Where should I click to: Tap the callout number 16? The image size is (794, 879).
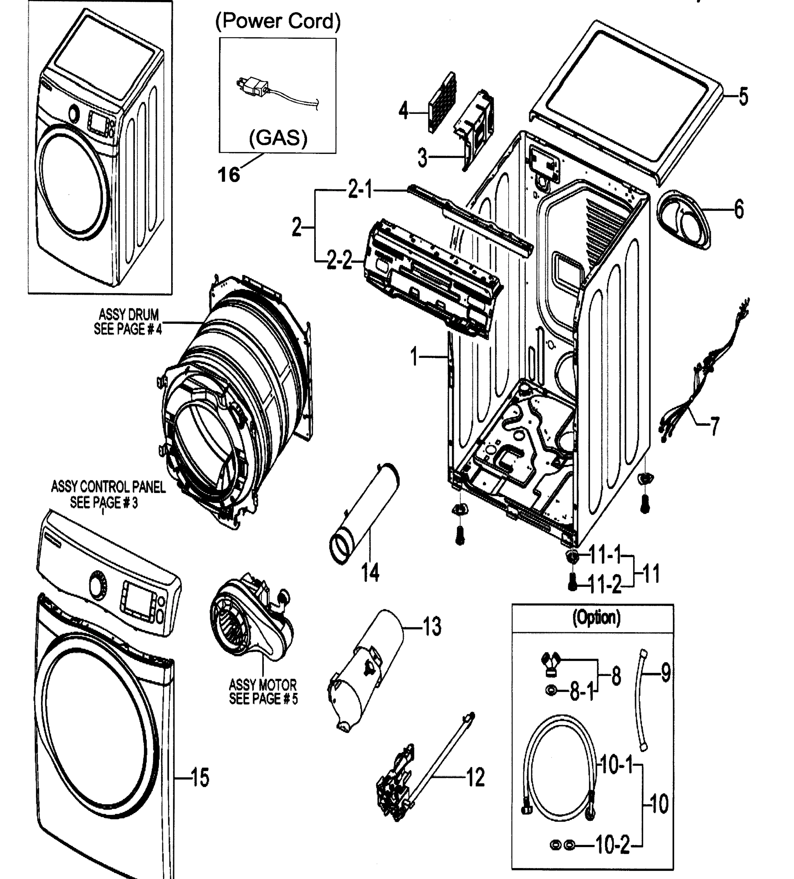pos(229,175)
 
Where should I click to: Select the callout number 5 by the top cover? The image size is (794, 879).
pos(743,96)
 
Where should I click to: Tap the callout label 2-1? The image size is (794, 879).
pos(360,190)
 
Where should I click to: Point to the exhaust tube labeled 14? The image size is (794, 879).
pos(364,515)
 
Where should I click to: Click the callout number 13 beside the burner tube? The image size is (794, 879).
pos(432,627)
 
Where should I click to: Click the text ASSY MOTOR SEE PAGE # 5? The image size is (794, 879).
pos(263,691)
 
